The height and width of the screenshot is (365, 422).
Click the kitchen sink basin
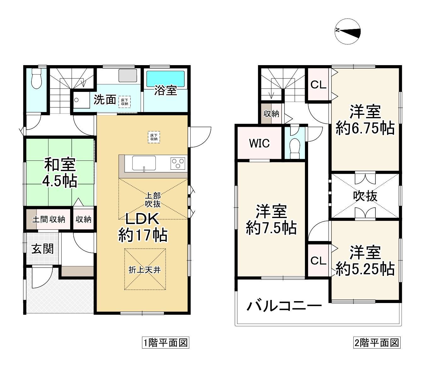(x=144, y=163)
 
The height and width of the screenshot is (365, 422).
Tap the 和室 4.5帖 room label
(x=60, y=173)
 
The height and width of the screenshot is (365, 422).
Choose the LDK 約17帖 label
(x=143, y=227)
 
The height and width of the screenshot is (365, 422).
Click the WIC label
(x=259, y=143)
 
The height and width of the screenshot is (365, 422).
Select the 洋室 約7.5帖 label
(x=271, y=219)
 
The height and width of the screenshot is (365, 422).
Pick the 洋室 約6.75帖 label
(x=365, y=120)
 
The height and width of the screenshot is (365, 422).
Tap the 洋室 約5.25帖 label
(x=365, y=261)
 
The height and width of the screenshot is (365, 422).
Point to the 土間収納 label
(x=49, y=219)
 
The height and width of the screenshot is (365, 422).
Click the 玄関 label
(x=43, y=249)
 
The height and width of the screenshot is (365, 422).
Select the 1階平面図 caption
(x=166, y=342)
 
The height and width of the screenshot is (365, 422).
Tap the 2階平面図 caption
(x=377, y=342)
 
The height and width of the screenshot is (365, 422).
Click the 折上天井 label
(x=145, y=270)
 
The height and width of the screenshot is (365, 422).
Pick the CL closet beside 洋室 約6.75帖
(x=318, y=85)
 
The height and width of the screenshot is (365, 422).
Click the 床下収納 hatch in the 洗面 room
(x=124, y=102)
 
